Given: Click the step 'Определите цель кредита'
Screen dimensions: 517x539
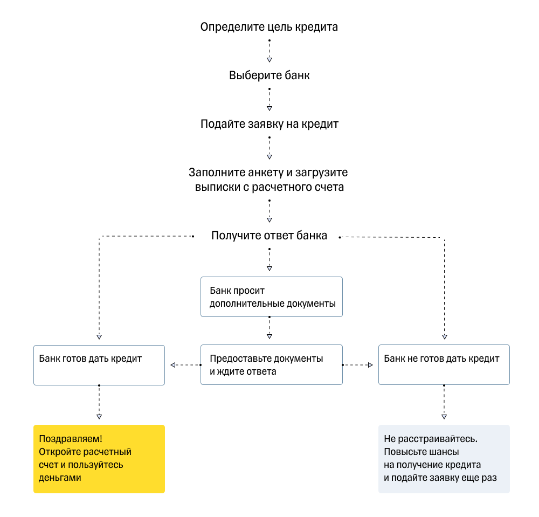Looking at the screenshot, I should click(269, 27).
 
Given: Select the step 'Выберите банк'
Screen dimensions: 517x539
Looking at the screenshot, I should click(269, 75).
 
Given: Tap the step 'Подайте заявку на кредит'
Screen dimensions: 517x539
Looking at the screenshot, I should click(269, 124).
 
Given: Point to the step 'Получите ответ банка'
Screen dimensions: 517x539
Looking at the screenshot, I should click(269, 236).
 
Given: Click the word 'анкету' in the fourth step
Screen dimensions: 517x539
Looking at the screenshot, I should click(260, 173).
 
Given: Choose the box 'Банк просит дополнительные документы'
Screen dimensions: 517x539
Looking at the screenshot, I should click(271, 297).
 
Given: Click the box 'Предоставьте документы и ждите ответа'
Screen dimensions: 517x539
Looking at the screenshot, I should click(271, 365).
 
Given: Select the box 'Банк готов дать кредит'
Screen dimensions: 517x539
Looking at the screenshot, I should click(99, 365).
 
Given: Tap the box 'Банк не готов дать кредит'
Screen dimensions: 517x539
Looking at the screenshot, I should click(444, 365).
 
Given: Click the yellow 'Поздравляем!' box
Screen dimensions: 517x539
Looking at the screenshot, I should click(99, 459).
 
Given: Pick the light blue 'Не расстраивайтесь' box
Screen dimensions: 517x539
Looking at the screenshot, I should click(444, 459).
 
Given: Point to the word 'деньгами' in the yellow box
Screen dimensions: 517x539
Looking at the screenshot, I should click(60, 478).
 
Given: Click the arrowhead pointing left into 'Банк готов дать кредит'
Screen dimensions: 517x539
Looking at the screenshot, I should click(173, 365).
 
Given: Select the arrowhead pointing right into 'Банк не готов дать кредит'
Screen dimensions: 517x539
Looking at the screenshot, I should click(370, 365).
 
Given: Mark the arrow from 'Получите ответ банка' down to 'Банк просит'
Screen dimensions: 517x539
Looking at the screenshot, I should click(269, 259).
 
